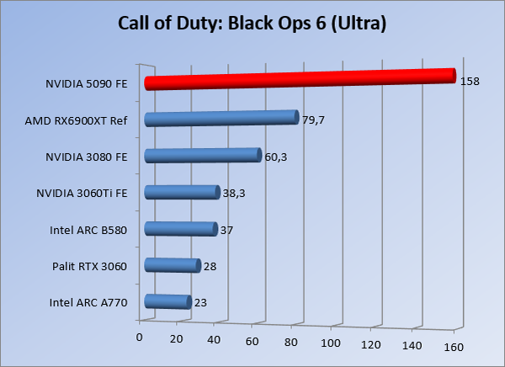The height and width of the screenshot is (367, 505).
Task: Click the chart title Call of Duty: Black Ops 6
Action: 252,24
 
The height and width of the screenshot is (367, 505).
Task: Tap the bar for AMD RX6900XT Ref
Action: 222,118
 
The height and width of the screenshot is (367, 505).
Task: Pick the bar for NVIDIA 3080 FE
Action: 203,155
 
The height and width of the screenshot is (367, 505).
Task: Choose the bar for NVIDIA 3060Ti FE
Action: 182,192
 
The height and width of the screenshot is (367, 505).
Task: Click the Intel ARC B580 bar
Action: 181,229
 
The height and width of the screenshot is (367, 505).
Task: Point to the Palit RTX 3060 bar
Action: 173,266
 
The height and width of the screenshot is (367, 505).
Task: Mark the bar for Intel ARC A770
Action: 167,301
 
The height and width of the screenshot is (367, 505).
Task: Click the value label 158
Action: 470,82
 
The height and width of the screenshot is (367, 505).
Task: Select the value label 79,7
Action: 313,120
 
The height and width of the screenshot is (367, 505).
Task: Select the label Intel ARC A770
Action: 88,303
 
